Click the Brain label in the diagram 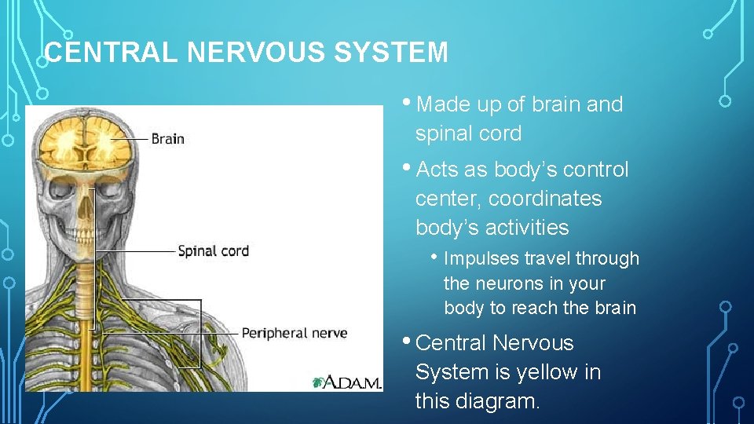[167, 139]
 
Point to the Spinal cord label [213, 251]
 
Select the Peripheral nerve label [294, 334]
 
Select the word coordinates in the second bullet [545, 199]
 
